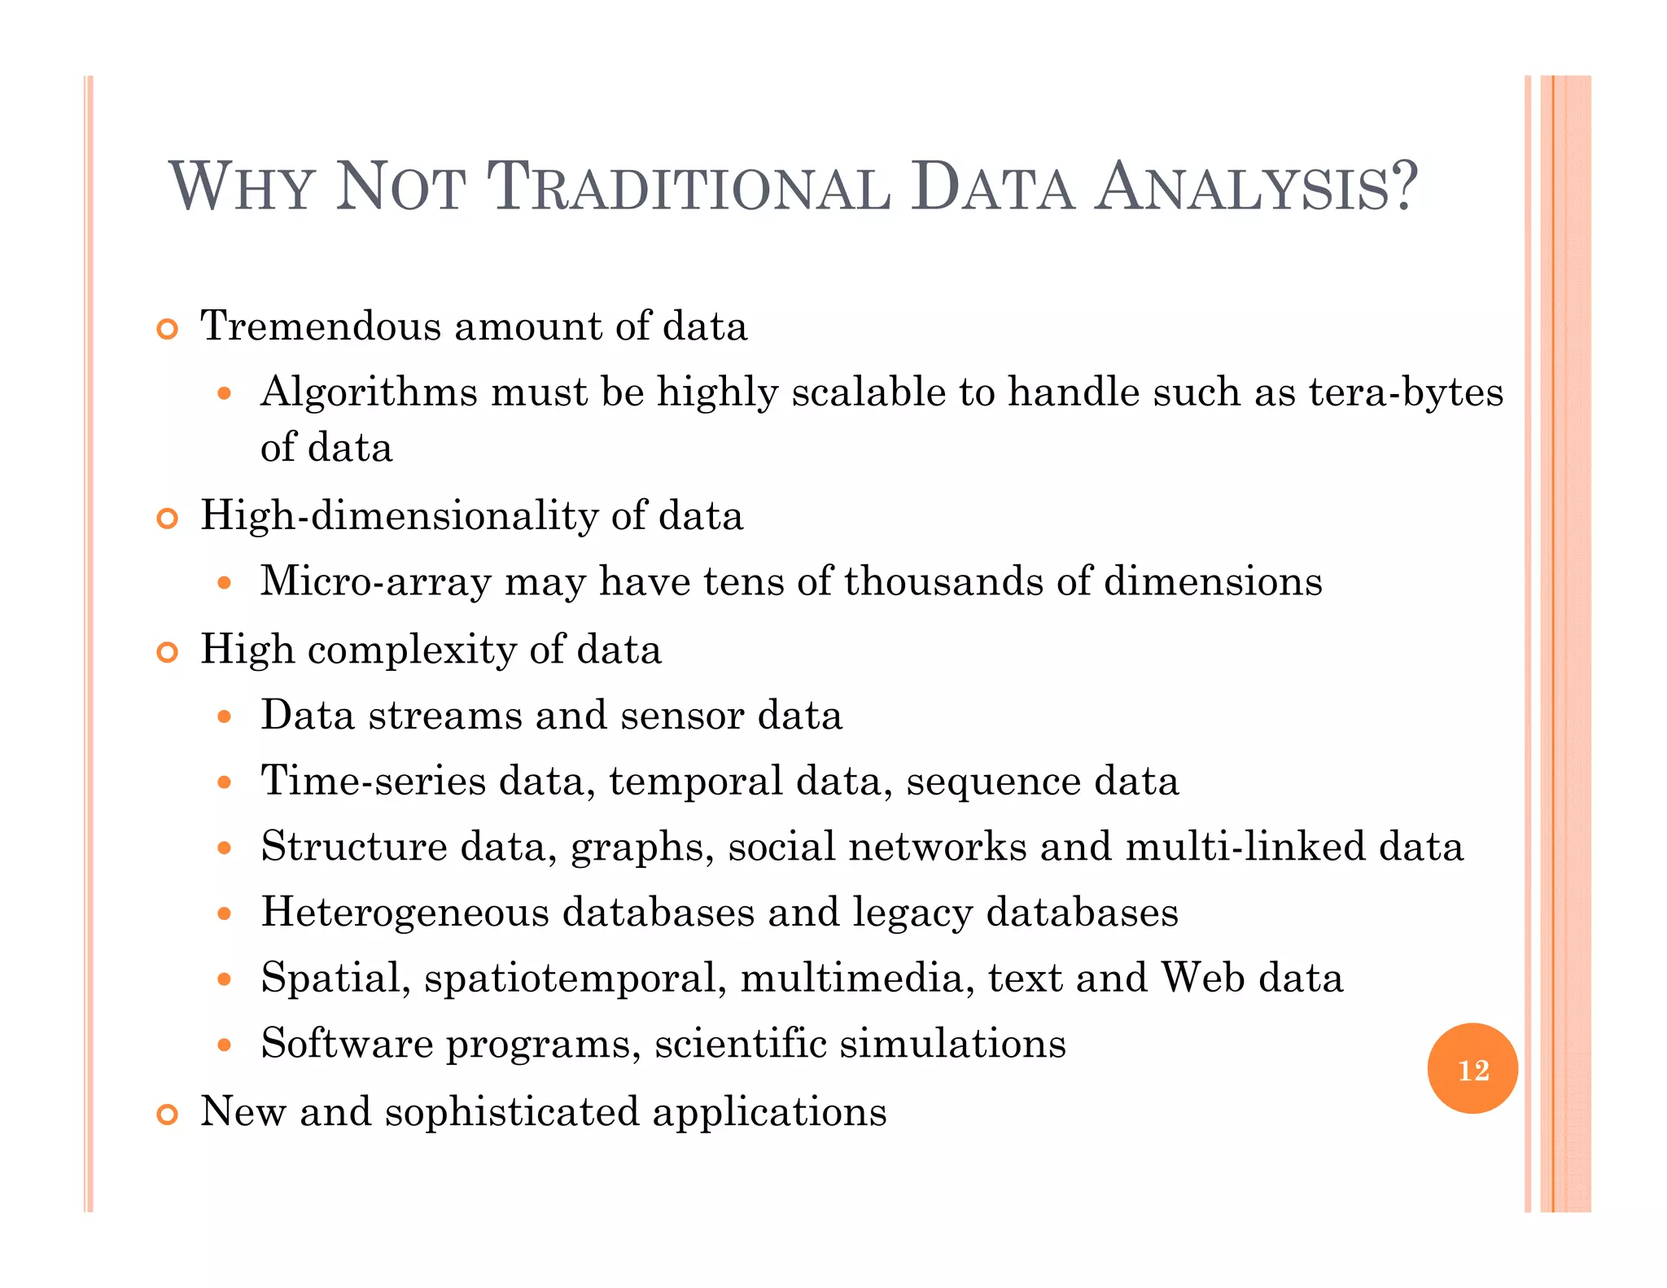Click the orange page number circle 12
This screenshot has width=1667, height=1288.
(x=1472, y=1069)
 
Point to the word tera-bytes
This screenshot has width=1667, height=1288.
(x=1406, y=393)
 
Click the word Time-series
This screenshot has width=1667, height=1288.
(x=373, y=781)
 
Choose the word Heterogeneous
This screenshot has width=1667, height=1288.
(x=405, y=912)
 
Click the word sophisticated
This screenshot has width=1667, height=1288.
(x=512, y=1112)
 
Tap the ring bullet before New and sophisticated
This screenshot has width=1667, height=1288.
(x=167, y=1115)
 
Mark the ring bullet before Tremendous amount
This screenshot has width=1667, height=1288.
(x=167, y=330)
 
